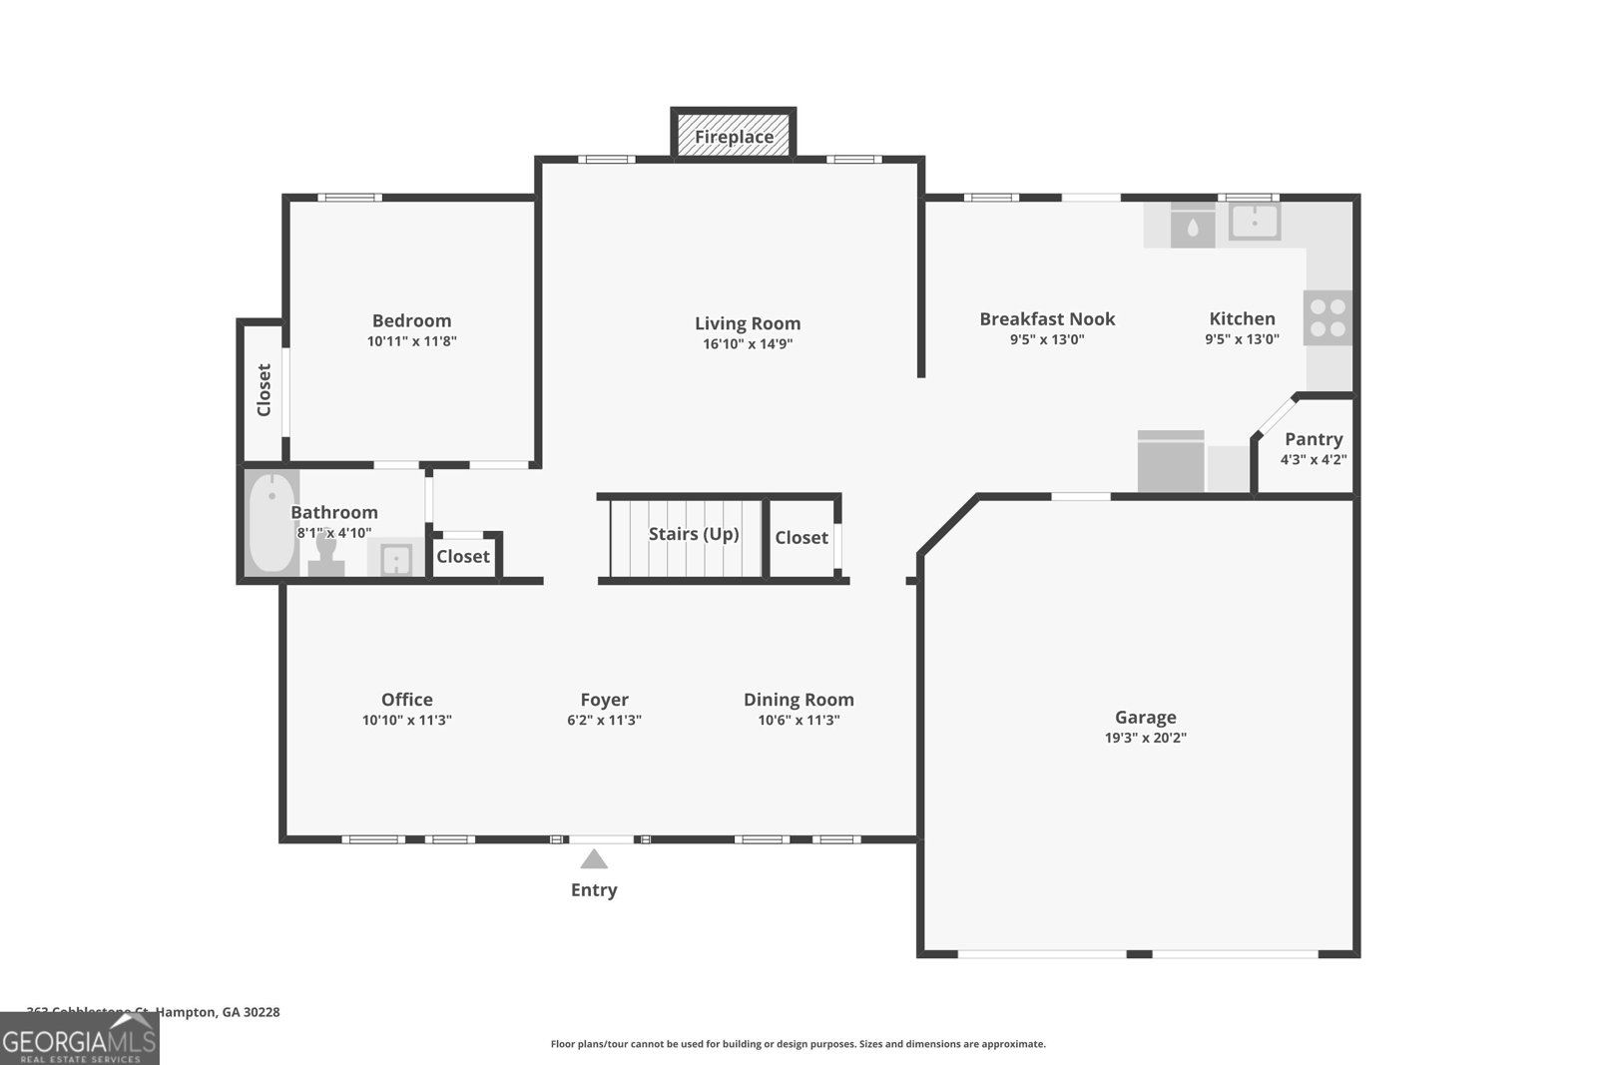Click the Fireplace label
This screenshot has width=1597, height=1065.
tap(734, 137)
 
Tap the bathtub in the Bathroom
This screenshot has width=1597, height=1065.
tap(270, 523)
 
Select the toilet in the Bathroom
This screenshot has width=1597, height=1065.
tap(325, 555)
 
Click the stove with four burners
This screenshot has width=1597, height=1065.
tap(1328, 317)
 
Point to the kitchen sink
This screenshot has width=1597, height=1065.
tap(1254, 221)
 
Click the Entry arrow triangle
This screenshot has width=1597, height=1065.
tap(594, 859)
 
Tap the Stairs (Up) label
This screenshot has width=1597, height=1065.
tap(694, 534)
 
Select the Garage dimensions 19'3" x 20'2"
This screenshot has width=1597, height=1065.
tap(1145, 739)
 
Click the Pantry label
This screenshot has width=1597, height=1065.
tap(1313, 439)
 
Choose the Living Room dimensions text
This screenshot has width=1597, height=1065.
tap(748, 344)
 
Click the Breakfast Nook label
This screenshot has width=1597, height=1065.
tap(1047, 319)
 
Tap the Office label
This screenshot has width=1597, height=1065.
tap(406, 700)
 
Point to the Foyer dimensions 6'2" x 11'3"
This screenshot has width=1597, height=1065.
tap(604, 721)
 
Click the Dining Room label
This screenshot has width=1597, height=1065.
tap(798, 700)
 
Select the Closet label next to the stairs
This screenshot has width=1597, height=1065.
tap(801, 538)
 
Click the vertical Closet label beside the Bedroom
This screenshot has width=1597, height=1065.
tap(264, 389)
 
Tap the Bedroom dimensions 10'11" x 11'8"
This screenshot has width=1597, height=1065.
tap(411, 341)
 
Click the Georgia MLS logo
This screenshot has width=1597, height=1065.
tap(79, 1039)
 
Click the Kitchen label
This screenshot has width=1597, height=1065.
tap(1242, 319)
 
